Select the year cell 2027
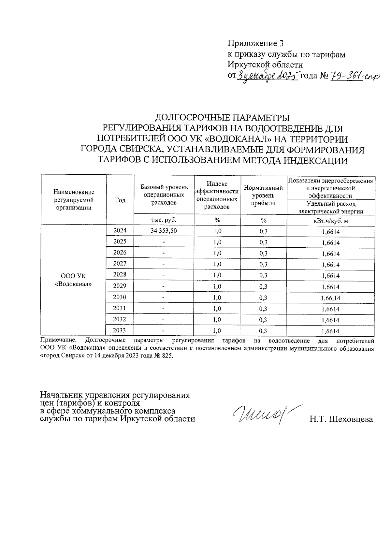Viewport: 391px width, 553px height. coord(120,264)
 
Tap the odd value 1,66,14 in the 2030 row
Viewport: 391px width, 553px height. coord(330,298)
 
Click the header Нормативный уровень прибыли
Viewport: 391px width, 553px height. coord(264,195)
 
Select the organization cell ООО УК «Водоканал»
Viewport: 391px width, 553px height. coord(73,280)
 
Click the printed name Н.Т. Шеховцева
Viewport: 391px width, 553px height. coord(341,419)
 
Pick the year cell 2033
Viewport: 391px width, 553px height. coord(120,330)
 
